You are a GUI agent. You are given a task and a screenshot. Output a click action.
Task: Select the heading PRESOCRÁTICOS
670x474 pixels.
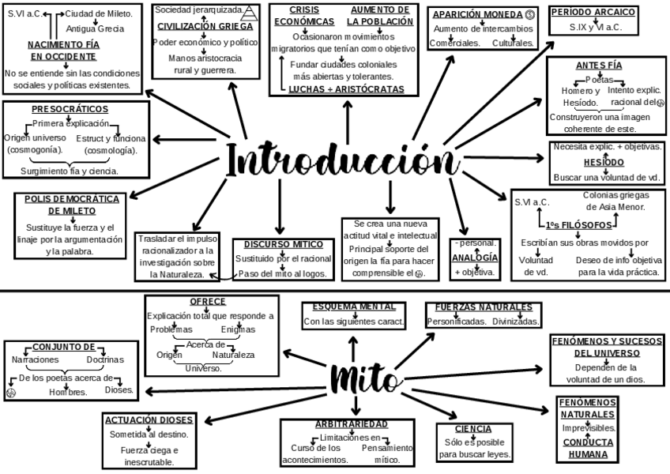70,109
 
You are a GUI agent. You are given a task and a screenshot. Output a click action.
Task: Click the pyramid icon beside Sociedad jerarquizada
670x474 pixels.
250,11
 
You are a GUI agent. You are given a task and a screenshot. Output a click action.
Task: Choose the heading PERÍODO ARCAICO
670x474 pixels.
593,13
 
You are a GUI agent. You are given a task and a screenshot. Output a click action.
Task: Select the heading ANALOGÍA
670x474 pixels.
475,258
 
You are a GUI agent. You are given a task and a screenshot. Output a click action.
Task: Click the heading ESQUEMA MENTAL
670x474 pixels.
353,307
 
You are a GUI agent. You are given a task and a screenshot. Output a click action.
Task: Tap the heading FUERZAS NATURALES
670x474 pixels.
483,307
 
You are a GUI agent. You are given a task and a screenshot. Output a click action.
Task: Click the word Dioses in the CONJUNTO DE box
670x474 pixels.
119,389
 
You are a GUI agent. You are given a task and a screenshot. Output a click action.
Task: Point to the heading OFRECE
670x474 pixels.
208,301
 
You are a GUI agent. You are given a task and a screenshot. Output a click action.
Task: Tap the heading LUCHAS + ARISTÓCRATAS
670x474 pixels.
346,89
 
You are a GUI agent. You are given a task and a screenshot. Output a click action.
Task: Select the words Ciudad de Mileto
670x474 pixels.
98,13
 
